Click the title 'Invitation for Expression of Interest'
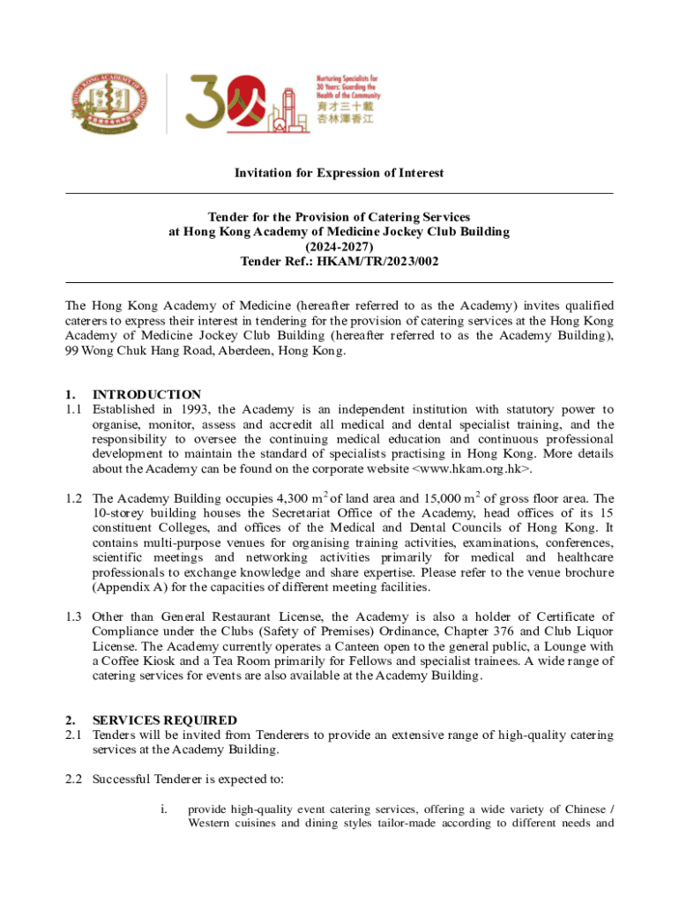pos(339,173)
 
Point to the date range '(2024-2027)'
pos(339,247)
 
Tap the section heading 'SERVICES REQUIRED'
pos(165,720)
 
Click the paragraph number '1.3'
pos(74,616)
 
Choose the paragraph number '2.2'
pos(74,780)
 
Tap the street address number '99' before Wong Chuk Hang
pos(72,350)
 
